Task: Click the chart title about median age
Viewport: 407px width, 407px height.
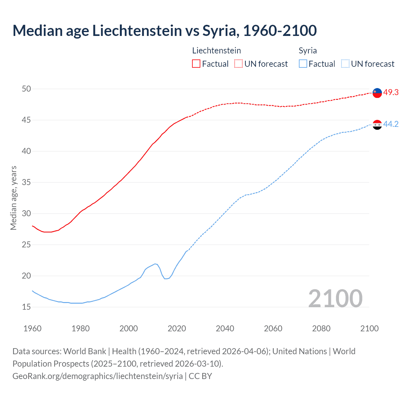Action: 164,31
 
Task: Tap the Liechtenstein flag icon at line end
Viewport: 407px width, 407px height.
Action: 377,93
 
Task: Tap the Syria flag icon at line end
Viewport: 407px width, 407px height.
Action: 377,125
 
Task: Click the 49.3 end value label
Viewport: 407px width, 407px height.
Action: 391,92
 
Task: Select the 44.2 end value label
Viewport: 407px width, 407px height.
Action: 391,124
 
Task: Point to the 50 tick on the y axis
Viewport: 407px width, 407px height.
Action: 26,89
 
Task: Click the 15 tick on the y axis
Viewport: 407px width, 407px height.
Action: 26,307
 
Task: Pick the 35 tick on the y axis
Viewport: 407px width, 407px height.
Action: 26,182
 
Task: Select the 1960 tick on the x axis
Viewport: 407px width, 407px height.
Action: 32,328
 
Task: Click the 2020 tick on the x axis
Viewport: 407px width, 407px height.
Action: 177,328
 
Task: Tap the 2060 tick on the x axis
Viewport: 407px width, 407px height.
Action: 273,328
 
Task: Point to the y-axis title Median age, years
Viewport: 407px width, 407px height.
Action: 13,198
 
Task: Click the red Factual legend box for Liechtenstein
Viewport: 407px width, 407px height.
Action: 196,64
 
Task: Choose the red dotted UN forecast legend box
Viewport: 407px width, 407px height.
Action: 238,64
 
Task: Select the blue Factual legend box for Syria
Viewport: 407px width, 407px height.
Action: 303,64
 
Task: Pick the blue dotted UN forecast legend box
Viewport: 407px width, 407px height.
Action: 345,64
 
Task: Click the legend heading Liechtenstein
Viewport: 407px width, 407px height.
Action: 217,51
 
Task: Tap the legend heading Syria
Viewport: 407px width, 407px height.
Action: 307,51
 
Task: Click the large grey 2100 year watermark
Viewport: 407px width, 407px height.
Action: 335,298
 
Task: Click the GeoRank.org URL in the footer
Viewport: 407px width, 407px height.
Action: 98,376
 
